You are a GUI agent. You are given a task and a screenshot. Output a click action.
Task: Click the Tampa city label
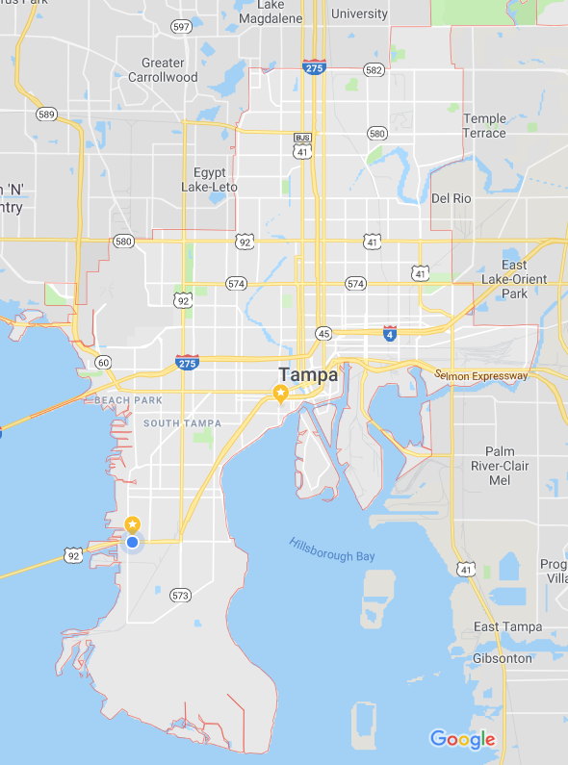point(308,374)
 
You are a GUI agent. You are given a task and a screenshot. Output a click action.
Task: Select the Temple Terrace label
point(484,126)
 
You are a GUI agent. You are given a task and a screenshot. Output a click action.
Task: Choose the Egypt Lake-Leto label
point(209,180)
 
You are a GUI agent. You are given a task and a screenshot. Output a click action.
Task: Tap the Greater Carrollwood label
point(163,70)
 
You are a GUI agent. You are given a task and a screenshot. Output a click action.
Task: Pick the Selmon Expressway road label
point(481,374)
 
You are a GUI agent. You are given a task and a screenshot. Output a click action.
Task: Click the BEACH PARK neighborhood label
point(128,399)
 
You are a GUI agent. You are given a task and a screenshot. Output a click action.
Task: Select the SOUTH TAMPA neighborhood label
point(182,423)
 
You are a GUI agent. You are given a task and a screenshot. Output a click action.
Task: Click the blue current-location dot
point(133,543)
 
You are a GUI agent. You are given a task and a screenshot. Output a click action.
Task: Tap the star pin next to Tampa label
point(280,394)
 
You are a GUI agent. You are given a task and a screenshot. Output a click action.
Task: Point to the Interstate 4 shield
point(390,333)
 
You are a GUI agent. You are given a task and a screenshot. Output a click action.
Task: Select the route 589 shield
point(46,114)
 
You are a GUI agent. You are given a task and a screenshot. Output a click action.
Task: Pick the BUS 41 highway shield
point(303,145)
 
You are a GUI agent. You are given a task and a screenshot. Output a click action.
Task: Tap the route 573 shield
point(180,596)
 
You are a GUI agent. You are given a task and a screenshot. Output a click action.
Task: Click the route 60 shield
point(103,362)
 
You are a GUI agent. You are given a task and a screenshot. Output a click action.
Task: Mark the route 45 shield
point(323,333)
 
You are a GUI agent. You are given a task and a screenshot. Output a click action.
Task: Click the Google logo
point(462,739)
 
